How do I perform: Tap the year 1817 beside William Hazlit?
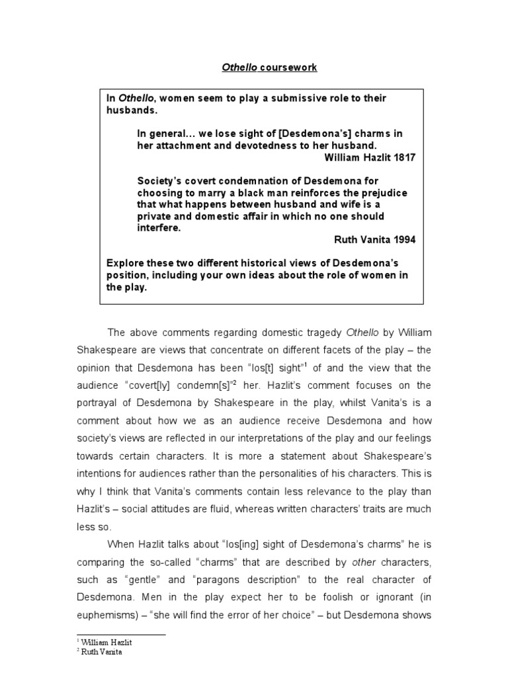(x=402, y=157)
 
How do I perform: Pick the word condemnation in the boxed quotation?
(x=264, y=180)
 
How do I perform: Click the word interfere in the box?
(x=158, y=228)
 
